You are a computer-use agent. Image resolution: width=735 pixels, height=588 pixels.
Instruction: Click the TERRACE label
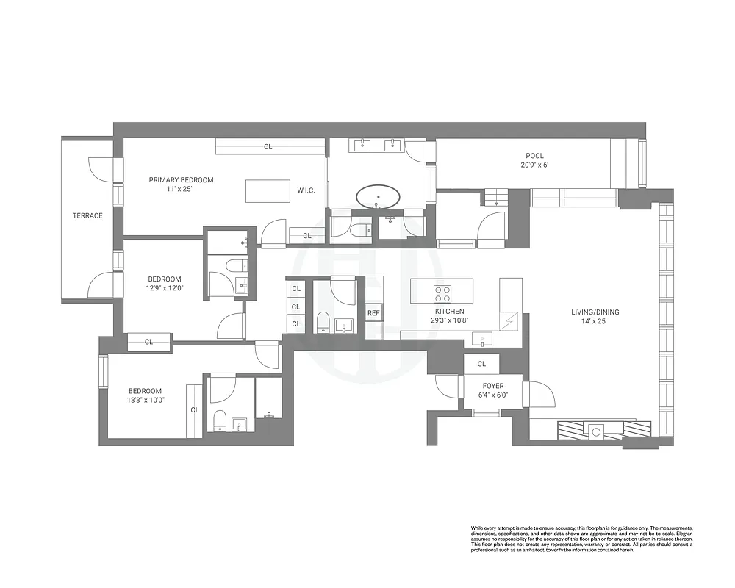point(87,215)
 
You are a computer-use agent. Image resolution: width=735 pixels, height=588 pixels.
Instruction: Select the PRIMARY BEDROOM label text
point(181,180)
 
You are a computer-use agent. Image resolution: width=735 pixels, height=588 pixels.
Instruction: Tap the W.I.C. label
point(306,190)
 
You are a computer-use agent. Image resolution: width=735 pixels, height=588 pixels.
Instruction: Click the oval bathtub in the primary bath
point(379,197)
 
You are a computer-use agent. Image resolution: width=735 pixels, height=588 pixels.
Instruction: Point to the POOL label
point(534,156)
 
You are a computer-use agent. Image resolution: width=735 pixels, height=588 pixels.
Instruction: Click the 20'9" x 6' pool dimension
point(534,165)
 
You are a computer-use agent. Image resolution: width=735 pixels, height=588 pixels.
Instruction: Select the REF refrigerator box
point(373,313)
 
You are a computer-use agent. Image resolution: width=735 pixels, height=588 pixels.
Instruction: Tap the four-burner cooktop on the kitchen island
point(442,294)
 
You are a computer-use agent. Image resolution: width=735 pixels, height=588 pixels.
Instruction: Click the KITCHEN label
point(449,312)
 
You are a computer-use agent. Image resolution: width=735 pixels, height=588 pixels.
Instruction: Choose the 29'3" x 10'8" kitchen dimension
point(449,321)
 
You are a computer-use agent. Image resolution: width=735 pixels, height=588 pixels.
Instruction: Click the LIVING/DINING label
point(595,312)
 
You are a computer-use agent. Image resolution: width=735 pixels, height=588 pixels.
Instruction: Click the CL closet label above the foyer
point(481,364)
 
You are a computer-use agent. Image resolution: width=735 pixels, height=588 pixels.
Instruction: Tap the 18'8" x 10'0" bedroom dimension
point(145,401)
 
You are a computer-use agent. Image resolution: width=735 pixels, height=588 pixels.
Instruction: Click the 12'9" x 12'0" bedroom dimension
point(165,288)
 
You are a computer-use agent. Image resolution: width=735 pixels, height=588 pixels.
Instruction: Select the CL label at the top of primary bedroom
point(268,147)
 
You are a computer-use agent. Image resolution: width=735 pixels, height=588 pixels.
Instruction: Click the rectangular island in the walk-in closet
point(267,191)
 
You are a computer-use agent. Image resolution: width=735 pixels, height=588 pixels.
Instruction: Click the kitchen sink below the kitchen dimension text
point(484,339)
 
